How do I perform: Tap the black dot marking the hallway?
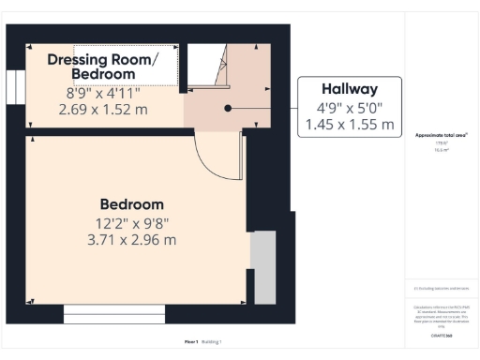click(227, 108)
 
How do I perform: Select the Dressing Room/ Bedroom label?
click(103, 67)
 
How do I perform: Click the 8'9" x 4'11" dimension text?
click(103, 94)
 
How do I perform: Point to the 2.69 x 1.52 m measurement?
click(103, 110)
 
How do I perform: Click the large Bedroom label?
click(131, 204)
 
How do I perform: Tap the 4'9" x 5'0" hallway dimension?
click(350, 107)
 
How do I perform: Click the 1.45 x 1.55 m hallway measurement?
click(350, 124)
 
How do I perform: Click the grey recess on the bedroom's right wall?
click(263, 267)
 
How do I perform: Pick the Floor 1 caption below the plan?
click(191, 342)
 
